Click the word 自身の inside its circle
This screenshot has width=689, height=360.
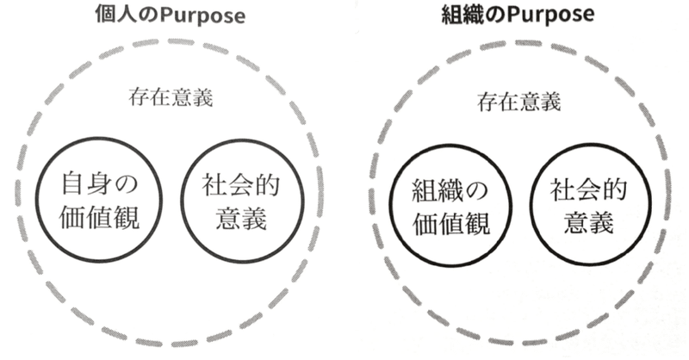[101, 184]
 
